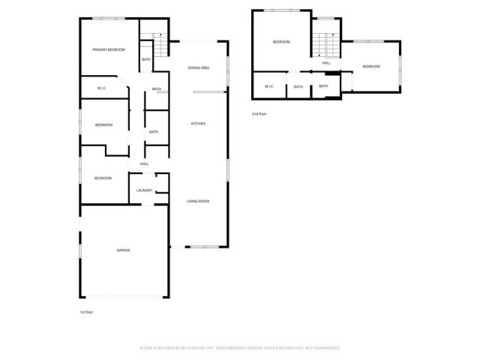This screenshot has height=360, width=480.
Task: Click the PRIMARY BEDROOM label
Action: pyautogui.click(x=109, y=49)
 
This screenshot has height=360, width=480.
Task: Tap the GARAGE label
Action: pyautogui.click(x=123, y=250)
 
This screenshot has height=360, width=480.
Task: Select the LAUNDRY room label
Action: pyautogui.click(x=144, y=190)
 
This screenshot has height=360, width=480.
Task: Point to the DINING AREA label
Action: pyautogui.click(x=198, y=68)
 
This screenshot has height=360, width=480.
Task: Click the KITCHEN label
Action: pyautogui.click(x=198, y=124)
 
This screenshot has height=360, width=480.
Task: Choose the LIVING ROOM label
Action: pyautogui.click(x=198, y=201)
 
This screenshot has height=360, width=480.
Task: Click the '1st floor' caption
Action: pyautogui.click(x=86, y=311)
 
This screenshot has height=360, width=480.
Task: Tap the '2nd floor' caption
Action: pyautogui.click(x=259, y=113)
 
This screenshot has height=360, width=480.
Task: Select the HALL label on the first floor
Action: pyautogui.click(x=144, y=164)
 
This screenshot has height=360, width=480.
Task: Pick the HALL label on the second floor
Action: pyautogui.click(x=326, y=63)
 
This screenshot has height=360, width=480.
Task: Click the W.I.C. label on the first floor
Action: pyautogui.click(x=102, y=88)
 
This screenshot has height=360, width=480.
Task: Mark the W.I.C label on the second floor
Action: pyautogui.click(x=268, y=87)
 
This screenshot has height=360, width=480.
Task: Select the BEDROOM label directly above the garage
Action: pyautogui.click(x=103, y=178)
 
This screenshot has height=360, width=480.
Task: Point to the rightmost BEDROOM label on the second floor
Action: pyautogui.click(x=371, y=67)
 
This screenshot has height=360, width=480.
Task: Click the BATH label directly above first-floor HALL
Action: pyautogui.click(x=154, y=132)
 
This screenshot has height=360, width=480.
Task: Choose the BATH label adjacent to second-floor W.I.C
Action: pyautogui.click(x=298, y=87)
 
